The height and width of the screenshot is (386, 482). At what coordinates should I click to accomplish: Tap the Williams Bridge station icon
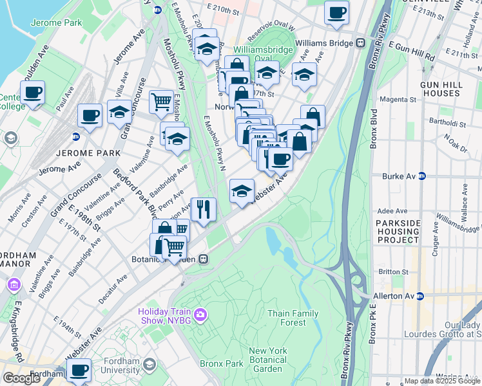coord(360,43)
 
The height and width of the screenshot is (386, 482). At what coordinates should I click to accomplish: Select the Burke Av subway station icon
coord(422,176)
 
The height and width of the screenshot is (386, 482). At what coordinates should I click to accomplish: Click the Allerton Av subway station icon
coord(419,296)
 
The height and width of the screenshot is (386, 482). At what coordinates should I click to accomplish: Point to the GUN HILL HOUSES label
coord(439,89)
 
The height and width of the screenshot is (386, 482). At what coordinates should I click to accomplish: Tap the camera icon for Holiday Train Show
coord(200,314)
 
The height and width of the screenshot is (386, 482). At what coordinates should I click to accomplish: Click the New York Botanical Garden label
coord(267,360)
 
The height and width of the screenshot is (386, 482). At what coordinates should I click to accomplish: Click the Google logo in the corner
coord(21,378)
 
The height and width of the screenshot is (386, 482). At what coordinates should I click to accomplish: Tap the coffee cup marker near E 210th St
coord(336,12)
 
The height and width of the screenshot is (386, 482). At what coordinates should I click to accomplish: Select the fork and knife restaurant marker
coord(204,208)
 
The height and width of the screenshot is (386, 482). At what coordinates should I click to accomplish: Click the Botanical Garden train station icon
coord(203,259)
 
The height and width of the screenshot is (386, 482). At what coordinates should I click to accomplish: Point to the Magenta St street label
coord(398,100)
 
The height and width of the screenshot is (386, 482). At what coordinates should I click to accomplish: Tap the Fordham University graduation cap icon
coord(149,365)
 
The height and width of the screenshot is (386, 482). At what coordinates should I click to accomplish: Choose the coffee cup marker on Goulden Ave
coord(32,92)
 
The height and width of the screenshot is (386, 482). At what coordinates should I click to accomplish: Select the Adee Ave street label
coord(392,210)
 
